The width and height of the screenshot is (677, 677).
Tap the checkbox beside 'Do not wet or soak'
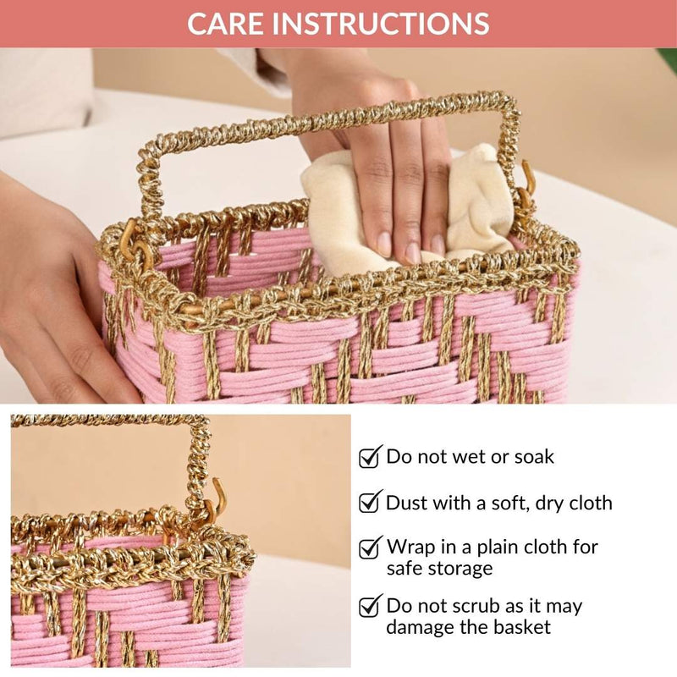coord(370,458)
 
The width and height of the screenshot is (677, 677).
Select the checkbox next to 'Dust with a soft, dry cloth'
coord(370,503)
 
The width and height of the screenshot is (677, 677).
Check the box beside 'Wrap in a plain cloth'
coord(370,548)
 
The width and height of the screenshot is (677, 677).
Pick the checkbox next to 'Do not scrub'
coord(370,607)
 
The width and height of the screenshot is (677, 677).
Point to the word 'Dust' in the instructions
coord(406,503)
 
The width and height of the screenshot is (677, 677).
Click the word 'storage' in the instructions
coord(465,569)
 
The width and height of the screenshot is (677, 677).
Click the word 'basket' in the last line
coord(520,628)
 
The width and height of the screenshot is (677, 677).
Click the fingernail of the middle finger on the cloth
coord(412,252)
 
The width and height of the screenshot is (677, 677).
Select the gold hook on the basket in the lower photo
coord(218,497)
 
